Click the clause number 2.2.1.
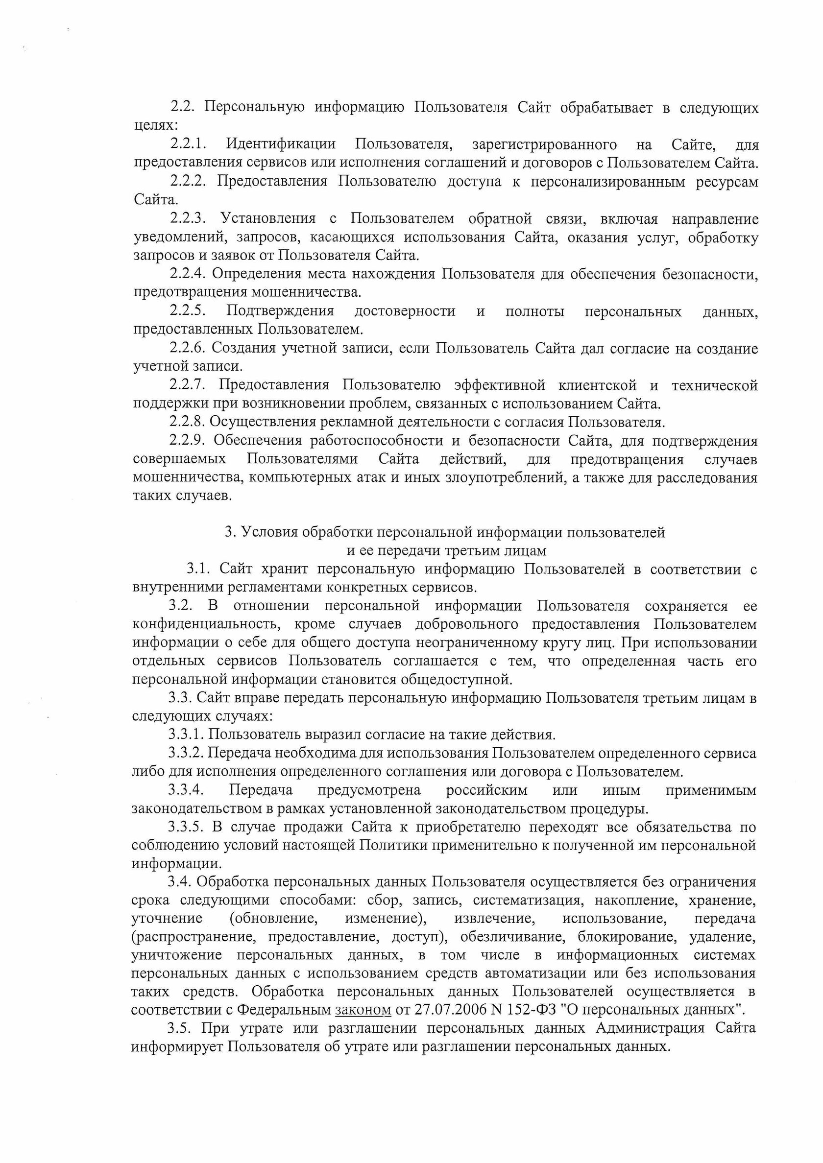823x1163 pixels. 188,144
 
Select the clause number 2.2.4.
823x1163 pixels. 187,274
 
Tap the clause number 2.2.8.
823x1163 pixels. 187,422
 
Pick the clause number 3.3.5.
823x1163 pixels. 186,827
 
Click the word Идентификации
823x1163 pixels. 281,144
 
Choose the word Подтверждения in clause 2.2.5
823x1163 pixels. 280,310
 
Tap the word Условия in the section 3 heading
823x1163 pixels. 268,532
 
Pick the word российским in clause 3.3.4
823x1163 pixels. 486,790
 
